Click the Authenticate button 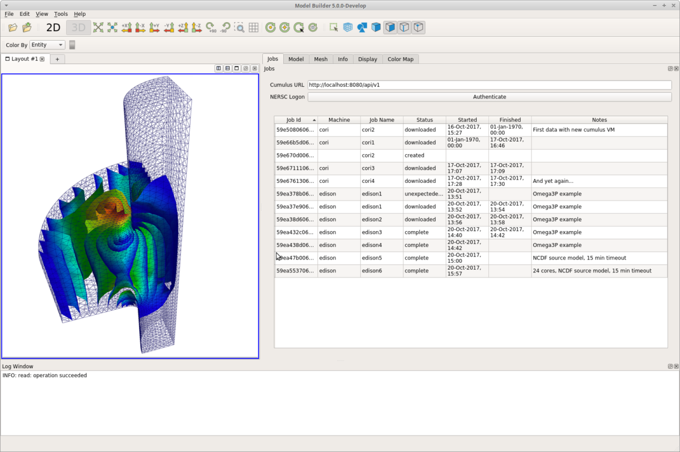pos(489,97)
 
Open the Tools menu pos(61,14)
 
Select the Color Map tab pos(400,59)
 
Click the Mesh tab pos(321,59)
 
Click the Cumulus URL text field pos(489,85)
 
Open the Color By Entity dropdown pos(48,45)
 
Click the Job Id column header pos(295,120)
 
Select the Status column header pos(424,120)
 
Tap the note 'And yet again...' pos(552,181)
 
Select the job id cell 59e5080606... pos(295,130)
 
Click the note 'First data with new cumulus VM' pos(573,130)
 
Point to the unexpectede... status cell pos(424,194)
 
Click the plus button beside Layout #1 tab pos(57,59)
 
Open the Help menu pos(80,14)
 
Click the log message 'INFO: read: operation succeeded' pos(45,376)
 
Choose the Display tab pos(367,59)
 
